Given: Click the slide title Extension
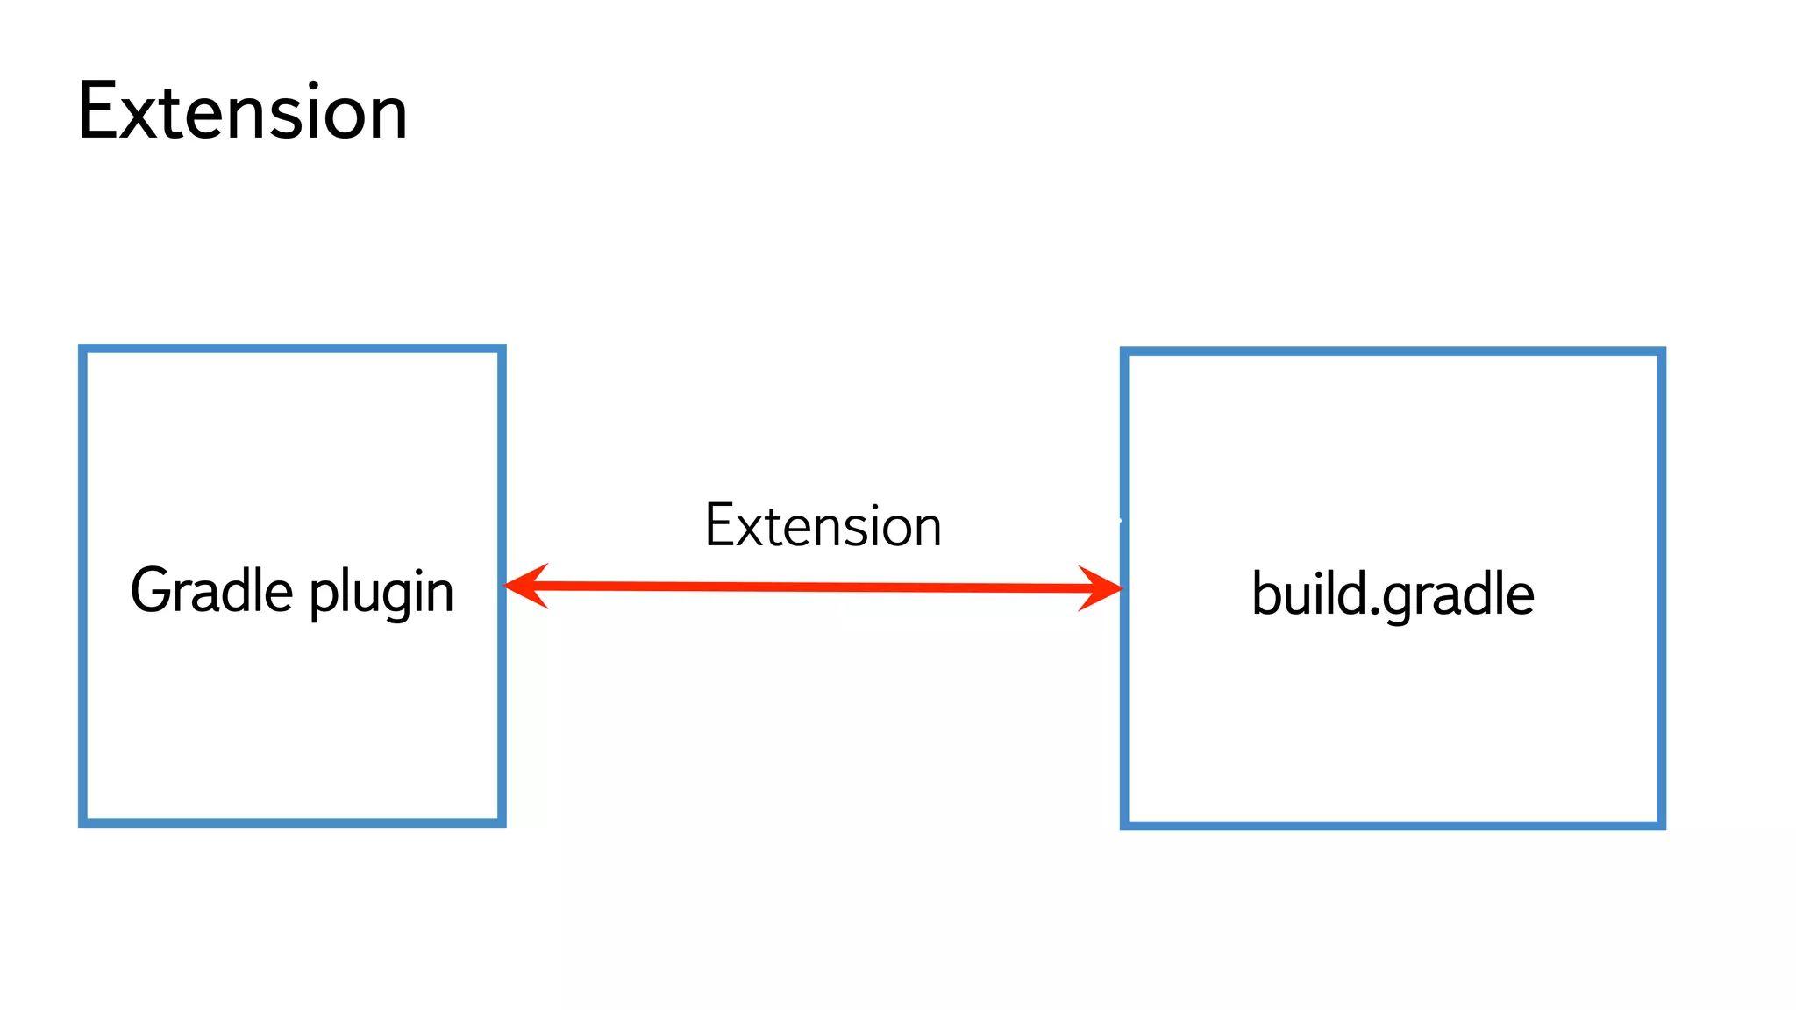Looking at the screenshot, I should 242,111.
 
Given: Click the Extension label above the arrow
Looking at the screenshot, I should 823,526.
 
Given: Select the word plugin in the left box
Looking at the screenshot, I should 381,594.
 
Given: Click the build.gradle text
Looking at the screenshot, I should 1392,595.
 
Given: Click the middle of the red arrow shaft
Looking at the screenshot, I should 814,587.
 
